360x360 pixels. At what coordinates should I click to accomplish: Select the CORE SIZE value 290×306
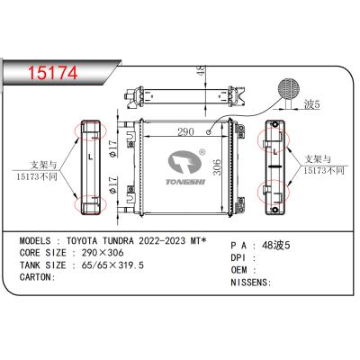click(103, 255)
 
